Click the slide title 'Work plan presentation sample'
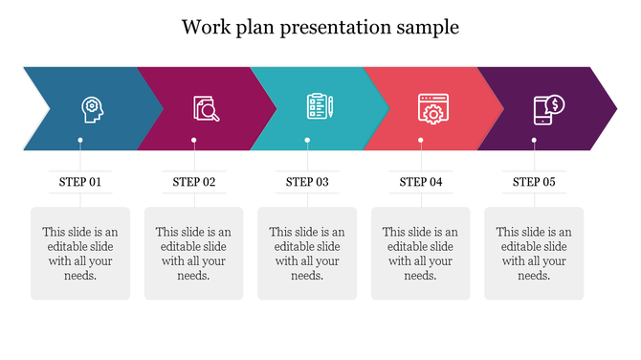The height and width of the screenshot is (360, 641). [x=320, y=27]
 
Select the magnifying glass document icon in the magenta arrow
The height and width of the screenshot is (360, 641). [x=206, y=108]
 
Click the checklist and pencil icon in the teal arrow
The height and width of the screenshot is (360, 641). [x=319, y=107]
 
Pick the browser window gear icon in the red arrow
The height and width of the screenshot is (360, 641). [x=431, y=108]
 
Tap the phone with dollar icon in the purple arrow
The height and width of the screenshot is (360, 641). [x=548, y=108]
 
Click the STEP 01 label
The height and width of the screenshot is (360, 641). [x=80, y=181]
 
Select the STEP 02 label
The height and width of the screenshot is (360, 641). [x=194, y=181]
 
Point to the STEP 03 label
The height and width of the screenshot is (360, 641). [x=307, y=181]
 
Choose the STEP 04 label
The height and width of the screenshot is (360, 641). [x=421, y=181]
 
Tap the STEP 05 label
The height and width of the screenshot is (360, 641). [x=534, y=181]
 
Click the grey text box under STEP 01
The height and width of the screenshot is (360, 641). [x=80, y=254]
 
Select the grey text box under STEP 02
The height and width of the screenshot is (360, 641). [x=194, y=254]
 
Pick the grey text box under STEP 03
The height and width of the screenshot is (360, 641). [x=307, y=254]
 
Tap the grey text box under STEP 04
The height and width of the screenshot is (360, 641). [x=421, y=254]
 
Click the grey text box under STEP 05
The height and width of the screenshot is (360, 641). [x=534, y=254]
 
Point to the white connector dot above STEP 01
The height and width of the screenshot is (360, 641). [x=80, y=141]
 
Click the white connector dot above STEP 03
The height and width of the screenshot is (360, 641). [x=307, y=141]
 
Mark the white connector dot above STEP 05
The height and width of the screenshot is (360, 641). [x=534, y=141]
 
